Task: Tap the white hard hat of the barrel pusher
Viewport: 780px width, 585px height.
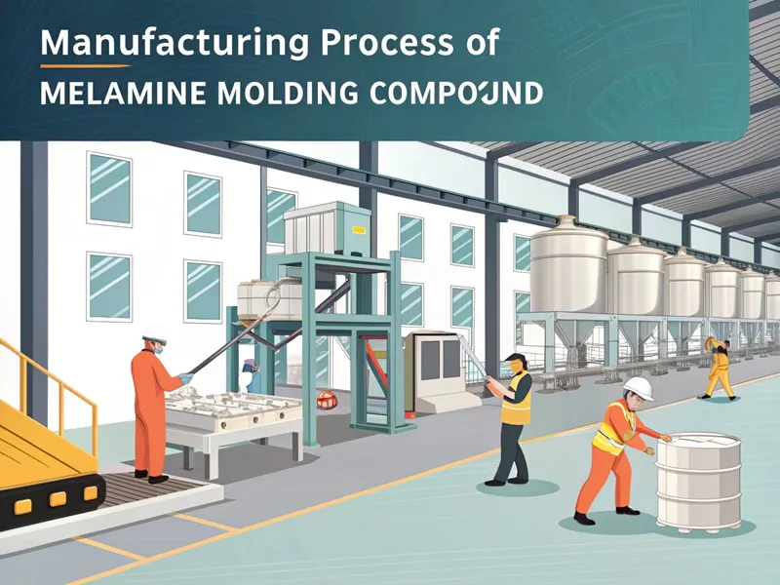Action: (638, 388)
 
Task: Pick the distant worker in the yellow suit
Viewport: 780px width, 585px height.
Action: (719, 369)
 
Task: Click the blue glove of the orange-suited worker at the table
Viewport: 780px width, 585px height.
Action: (185, 377)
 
